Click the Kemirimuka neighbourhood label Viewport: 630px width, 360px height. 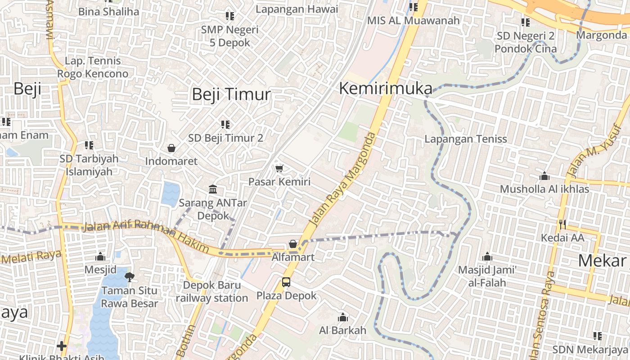click(386, 89)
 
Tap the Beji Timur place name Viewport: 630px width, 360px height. click(231, 94)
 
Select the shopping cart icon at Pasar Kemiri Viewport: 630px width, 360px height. click(279, 169)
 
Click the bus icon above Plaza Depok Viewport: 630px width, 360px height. click(286, 282)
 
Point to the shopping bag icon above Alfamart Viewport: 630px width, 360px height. click(293, 244)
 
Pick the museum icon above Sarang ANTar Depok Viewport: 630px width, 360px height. click(213, 189)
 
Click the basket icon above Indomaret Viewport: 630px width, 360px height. click(171, 148)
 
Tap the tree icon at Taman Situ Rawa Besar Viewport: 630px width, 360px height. click(130, 277)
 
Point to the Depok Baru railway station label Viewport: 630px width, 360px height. click(212, 292)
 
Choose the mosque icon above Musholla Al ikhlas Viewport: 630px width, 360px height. click(544, 176)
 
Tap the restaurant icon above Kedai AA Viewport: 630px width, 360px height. click(562, 224)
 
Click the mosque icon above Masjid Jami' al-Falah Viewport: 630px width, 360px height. click(487, 257)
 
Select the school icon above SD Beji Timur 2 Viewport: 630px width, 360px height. click(225, 124)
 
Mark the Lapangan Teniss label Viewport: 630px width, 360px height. click(466, 139)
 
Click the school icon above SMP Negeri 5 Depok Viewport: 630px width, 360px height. click(230, 16)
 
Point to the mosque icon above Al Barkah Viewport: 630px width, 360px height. click(343, 317)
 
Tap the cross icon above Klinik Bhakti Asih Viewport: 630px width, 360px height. click(62, 346)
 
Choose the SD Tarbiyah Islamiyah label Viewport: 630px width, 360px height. click(89, 165)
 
